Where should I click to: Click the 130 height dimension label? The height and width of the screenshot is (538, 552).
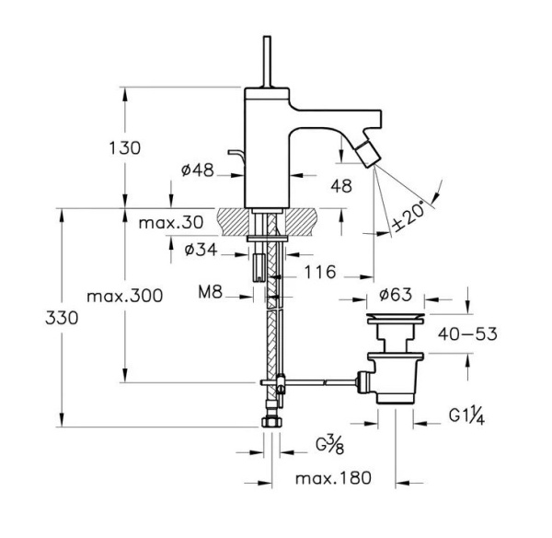point(125,148)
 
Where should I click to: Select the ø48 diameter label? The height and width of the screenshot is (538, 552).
point(198,170)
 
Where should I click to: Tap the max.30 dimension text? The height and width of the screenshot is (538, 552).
point(171,223)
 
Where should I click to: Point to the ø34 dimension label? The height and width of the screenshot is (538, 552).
point(201,250)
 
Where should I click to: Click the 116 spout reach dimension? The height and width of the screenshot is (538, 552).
point(320,272)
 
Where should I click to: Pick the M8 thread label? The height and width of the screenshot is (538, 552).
point(210,292)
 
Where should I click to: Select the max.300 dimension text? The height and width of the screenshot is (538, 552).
point(125,296)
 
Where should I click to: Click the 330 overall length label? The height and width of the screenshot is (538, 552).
point(62,319)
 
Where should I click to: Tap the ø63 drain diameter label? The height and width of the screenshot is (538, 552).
point(396,295)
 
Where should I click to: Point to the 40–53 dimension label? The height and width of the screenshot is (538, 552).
point(467,333)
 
